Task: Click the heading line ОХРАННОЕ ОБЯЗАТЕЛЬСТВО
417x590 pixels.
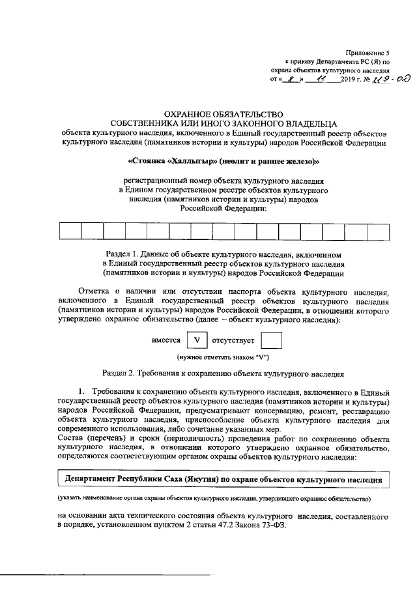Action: tap(208, 114)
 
